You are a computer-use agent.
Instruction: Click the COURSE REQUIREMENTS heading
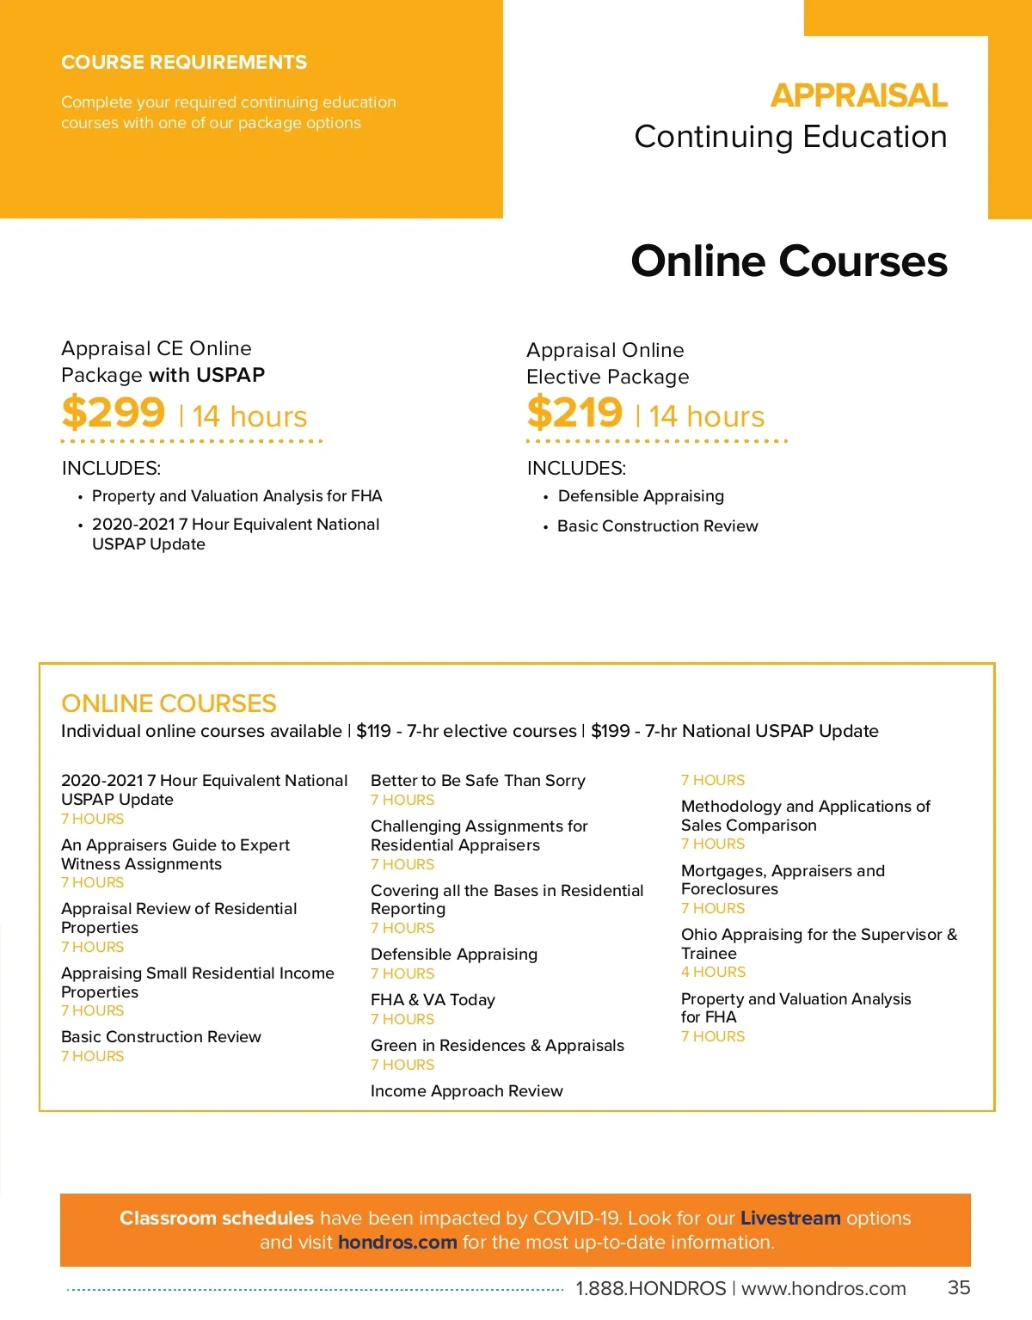[184, 63]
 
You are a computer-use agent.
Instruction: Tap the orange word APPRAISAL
[858, 95]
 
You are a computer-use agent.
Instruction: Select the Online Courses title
[789, 261]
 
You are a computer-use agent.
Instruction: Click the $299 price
[114, 413]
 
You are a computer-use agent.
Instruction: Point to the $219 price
[574, 413]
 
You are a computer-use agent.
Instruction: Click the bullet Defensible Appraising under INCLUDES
[641, 496]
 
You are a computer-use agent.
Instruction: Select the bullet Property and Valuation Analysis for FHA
[236, 496]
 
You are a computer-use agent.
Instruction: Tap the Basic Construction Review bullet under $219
[657, 526]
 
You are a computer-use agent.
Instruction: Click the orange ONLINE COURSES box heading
[169, 703]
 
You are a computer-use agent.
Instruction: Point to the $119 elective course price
[374, 732]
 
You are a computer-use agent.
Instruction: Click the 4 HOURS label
[713, 973]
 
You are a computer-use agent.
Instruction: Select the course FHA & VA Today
[433, 1000]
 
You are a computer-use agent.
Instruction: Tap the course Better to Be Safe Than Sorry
[477, 781]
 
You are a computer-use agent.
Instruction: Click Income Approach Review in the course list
[466, 1091]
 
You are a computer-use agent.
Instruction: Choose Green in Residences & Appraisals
[497, 1046]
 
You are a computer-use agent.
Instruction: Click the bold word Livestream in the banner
[790, 1219]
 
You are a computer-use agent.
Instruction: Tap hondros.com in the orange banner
[397, 1243]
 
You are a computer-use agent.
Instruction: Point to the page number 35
[959, 1288]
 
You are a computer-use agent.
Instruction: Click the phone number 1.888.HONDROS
[651, 1289]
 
